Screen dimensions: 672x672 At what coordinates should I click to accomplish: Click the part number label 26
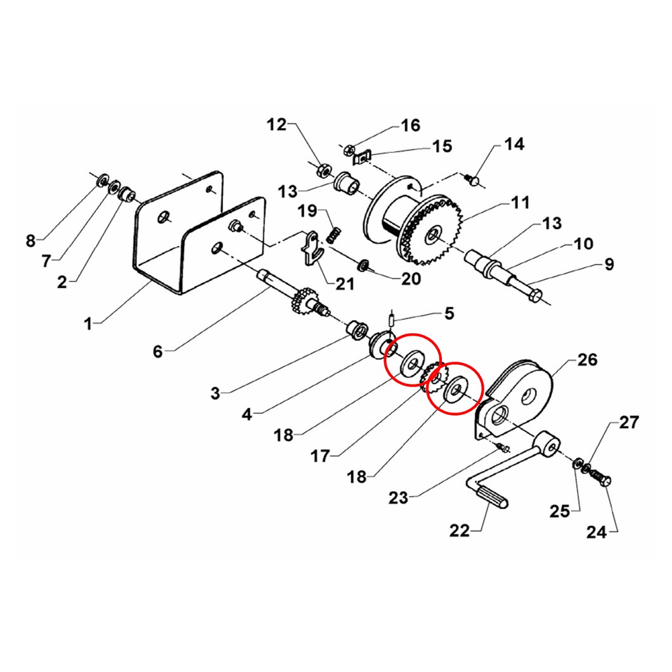pos(587,359)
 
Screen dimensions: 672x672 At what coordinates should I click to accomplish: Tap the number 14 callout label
pos(514,144)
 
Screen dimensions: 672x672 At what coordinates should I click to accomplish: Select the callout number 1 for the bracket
pos(88,324)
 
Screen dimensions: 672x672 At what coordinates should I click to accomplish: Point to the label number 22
pos(460,531)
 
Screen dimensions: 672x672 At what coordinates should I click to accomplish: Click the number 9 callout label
pos(609,264)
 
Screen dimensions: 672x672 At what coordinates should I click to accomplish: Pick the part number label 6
pos(158,352)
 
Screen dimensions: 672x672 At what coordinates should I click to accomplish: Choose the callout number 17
pos(320,456)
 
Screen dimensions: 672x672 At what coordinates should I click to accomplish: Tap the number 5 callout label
pos(449,313)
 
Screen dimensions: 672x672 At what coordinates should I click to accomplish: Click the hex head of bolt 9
pos(534,295)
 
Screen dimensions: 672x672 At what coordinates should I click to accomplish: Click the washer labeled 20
pos(365,265)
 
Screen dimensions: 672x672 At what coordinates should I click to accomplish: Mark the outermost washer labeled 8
pos(103,180)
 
